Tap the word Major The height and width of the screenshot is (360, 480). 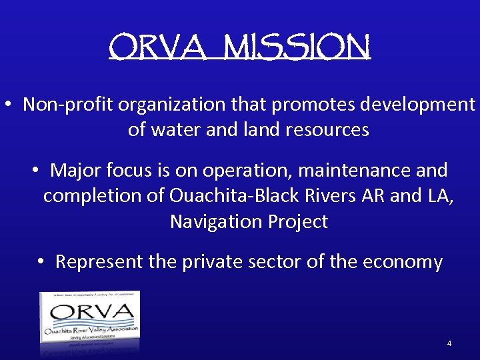76,171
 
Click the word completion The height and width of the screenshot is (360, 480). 101,196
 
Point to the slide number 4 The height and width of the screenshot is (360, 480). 449,343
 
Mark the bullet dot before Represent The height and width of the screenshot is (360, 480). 41,262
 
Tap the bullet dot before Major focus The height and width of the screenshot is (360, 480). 35,171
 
